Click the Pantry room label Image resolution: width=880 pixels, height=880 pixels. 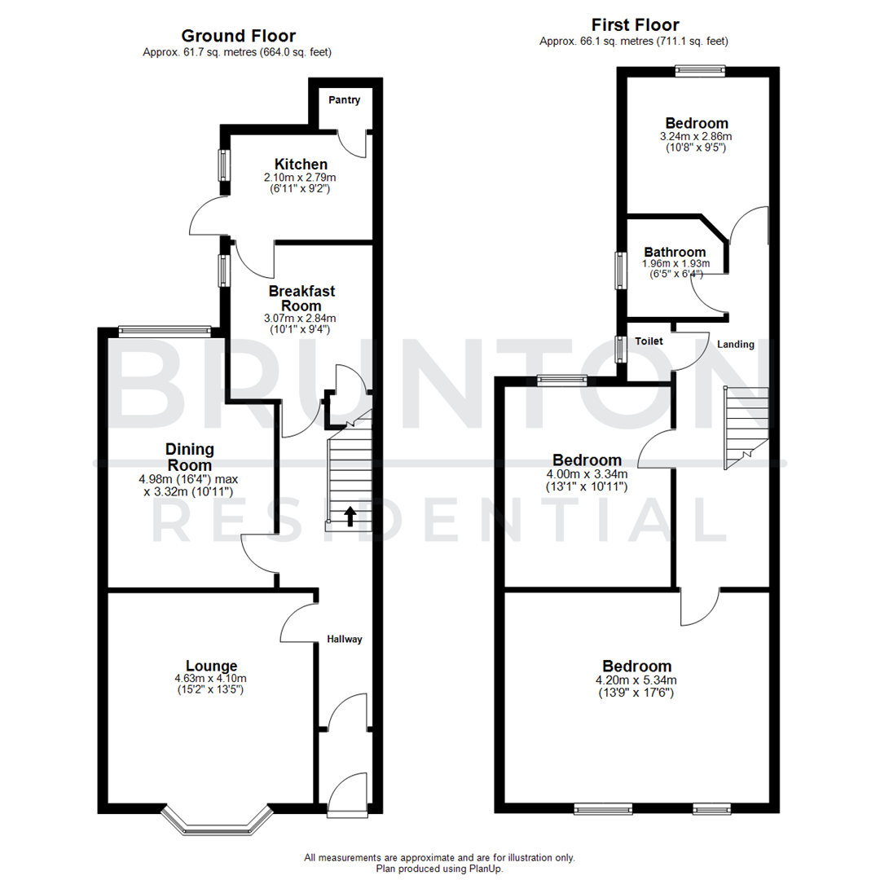[344, 100]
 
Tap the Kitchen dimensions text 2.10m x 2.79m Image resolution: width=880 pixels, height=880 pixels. [301, 178]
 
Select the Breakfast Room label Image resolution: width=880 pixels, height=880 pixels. [301, 297]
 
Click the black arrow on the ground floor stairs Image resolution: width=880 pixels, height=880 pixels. [350, 516]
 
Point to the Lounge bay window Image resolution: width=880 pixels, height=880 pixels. [216, 821]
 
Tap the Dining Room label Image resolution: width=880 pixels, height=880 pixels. [189, 456]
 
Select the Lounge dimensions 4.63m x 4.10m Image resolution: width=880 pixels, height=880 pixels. [210, 679]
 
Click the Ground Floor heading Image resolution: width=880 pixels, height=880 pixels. [238, 36]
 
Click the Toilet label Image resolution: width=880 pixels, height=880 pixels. [649, 341]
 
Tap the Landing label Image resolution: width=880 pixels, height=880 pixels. [735, 345]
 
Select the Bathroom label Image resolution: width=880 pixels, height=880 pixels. [675, 253]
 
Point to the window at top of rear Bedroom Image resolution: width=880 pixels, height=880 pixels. [699, 71]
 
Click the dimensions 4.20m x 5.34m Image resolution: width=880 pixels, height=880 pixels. [637, 680]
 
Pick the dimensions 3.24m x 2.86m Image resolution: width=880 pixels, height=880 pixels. [696, 137]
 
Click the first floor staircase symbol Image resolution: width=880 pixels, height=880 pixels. [746, 427]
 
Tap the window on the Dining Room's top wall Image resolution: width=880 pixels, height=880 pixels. [165, 331]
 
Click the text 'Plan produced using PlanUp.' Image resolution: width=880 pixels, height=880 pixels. [439, 869]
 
